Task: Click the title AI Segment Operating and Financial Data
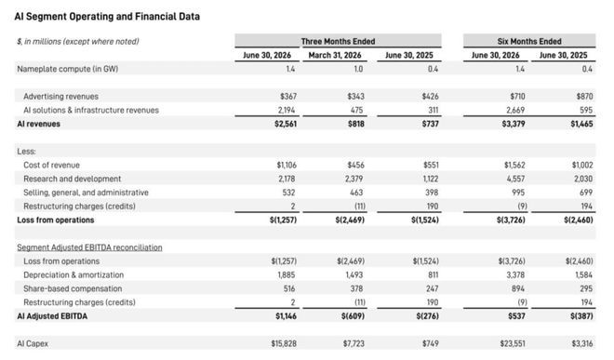click(x=107, y=17)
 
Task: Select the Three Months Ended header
click(x=338, y=41)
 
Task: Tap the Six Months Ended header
click(x=529, y=41)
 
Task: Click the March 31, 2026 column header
click(x=335, y=55)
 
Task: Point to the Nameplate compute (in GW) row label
click(x=67, y=69)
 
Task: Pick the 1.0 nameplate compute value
click(x=358, y=69)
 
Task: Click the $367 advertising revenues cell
click(x=288, y=97)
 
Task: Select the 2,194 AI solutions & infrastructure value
click(x=287, y=110)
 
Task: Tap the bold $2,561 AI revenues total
click(x=286, y=124)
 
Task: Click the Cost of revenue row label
click(x=51, y=165)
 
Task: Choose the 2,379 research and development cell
click(x=354, y=179)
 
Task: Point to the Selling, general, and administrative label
click(x=86, y=193)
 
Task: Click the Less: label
click(x=26, y=152)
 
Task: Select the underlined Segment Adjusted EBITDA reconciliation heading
click(x=89, y=247)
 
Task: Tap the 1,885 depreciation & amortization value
click(x=287, y=275)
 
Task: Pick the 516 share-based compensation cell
click(x=289, y=288)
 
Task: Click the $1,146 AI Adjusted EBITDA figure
click(x=286, y=316)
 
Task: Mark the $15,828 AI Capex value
click(x=284, y=343)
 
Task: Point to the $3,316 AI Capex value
click(x=581, y=343)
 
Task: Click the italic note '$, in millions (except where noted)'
click(x=78, y=42)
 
